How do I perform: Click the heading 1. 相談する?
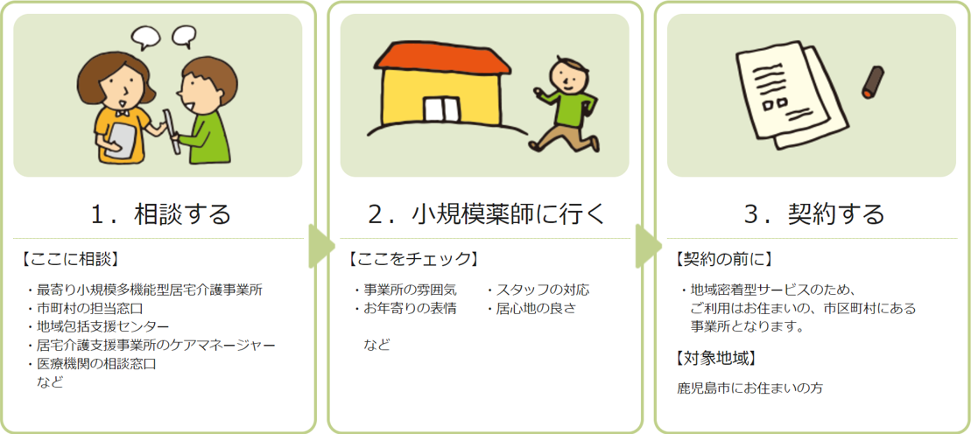click(x=160, y=215)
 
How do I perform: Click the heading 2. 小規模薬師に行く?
click(x=485, y=215)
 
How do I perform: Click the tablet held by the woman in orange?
click(x=121, y=139)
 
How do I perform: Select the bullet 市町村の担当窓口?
click(x=86, y=308)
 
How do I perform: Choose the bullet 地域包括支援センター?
click(x=98, y=326)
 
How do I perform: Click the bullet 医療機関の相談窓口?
click(x=92, y=363)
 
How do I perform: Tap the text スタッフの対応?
click(x=538, y=289)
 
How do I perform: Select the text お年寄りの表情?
click(x=405, y=308)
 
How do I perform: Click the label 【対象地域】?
click(x=714, y=357)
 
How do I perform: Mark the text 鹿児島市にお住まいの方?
click(x=750, y=388)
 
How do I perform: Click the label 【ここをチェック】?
click(x=412, y=258)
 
